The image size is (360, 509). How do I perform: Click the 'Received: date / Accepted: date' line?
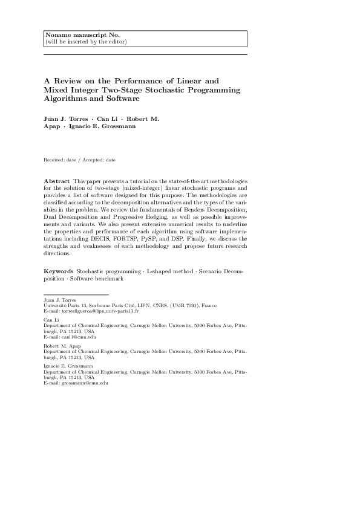point(79,160)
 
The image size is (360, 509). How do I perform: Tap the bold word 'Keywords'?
point(58,273)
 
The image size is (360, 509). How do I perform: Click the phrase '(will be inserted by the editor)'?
point(86,42)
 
